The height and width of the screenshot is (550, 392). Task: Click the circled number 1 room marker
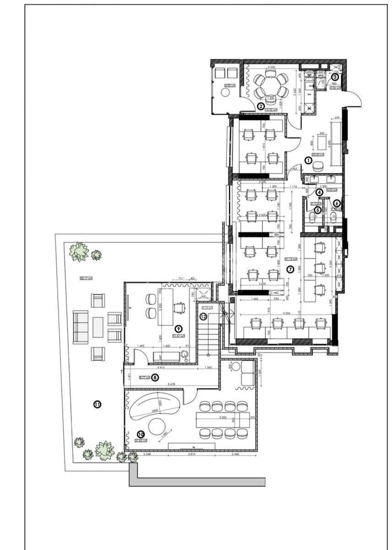(309, 160)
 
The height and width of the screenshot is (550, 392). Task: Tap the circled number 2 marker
(261, 106)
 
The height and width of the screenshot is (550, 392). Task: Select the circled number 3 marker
(336, 77)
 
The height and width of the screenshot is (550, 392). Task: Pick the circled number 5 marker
(317, 209)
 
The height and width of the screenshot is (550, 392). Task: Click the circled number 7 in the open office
(290, 269)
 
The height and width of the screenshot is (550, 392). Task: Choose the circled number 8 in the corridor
(155, 377)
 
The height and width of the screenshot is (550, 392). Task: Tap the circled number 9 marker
(179, 329)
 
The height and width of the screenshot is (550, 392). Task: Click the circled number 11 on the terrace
(97, 404)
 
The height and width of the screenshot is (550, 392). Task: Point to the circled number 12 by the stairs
(203, 316)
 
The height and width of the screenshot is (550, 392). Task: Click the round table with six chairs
(271, 85)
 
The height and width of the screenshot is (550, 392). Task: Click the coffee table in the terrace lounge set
(98, 327)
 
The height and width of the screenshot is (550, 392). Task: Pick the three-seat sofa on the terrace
(81, 327)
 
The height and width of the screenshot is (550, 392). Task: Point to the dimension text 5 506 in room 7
(288, 313)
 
